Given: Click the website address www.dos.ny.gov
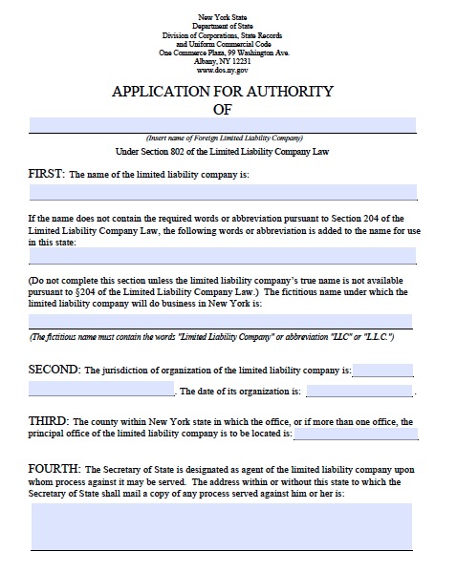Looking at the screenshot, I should pyautogui.click(x=222, y=70).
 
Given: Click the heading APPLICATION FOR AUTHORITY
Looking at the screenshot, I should pyautogui.click(x=223, y=92).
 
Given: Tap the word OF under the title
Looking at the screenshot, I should pyautogui.click(x=223, y=109).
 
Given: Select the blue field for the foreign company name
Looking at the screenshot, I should pyautogui.click(x=223, y=125).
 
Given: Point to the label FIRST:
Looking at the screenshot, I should pyautogui.click(x=47, y=174).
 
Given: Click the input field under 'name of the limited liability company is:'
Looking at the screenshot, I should pyautogui.click(x=223, y=191).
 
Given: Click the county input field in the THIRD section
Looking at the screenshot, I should pyautogui.click(x=356, y=434).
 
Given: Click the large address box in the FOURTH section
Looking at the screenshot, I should pyautogui.click(x=223, y=526).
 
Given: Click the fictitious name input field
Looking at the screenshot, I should pyautogui.click(x=223, y=322).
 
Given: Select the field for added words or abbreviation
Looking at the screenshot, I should pyautogui.click(x=223, y=256).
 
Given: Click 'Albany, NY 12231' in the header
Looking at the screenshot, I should pyautogui.click(x=222, y=61).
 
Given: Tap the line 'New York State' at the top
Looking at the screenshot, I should pyautogui.click(x=222, y=16).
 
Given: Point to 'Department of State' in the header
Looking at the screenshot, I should pyautogui.click(x=222, y=26).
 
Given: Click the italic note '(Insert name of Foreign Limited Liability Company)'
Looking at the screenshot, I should pyautogui.click(x=223, y=138).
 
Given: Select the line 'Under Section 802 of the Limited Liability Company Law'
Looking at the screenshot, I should pyautogui.click(x=223, y=151).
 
